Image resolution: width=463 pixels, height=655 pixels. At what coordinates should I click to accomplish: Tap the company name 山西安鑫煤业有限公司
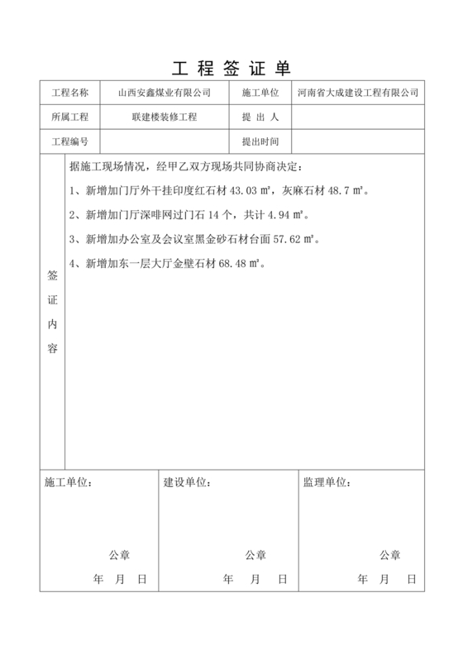click(165, 93)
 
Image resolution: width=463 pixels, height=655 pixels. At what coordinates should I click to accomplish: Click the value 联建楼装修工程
click(165, 117)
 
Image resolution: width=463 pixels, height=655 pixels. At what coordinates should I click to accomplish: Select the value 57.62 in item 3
click(284, 240)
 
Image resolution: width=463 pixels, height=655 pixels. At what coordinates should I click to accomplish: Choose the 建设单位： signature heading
click(186, 481)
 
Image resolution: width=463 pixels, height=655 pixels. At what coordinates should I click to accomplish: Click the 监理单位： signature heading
click(325, 481)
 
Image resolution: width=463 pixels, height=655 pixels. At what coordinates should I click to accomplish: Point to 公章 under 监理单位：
click(390, 554)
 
